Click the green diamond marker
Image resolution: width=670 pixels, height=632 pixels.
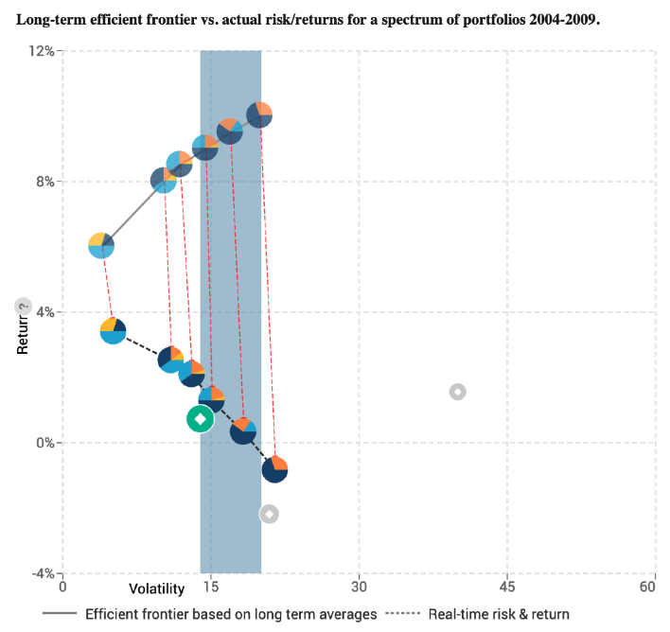(200, 418)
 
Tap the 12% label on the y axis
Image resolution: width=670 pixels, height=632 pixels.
(40, 51)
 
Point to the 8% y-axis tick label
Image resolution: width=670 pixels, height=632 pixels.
(44, 182)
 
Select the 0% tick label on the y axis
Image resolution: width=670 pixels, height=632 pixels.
(44, 443)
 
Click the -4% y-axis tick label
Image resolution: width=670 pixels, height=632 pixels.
(42, 573)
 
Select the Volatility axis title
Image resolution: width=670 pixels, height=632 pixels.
(157, 589)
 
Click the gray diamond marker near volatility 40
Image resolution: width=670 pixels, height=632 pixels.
(457, 392)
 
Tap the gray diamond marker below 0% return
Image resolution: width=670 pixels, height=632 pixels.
(270, 514)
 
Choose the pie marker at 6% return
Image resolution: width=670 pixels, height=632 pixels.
(101, 245)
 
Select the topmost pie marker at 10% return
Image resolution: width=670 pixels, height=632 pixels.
(259, 114)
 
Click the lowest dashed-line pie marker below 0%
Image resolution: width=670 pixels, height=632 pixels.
(274, 468)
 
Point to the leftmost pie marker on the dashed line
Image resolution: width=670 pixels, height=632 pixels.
(113, 331)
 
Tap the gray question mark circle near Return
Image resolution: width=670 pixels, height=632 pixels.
(24, 307)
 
